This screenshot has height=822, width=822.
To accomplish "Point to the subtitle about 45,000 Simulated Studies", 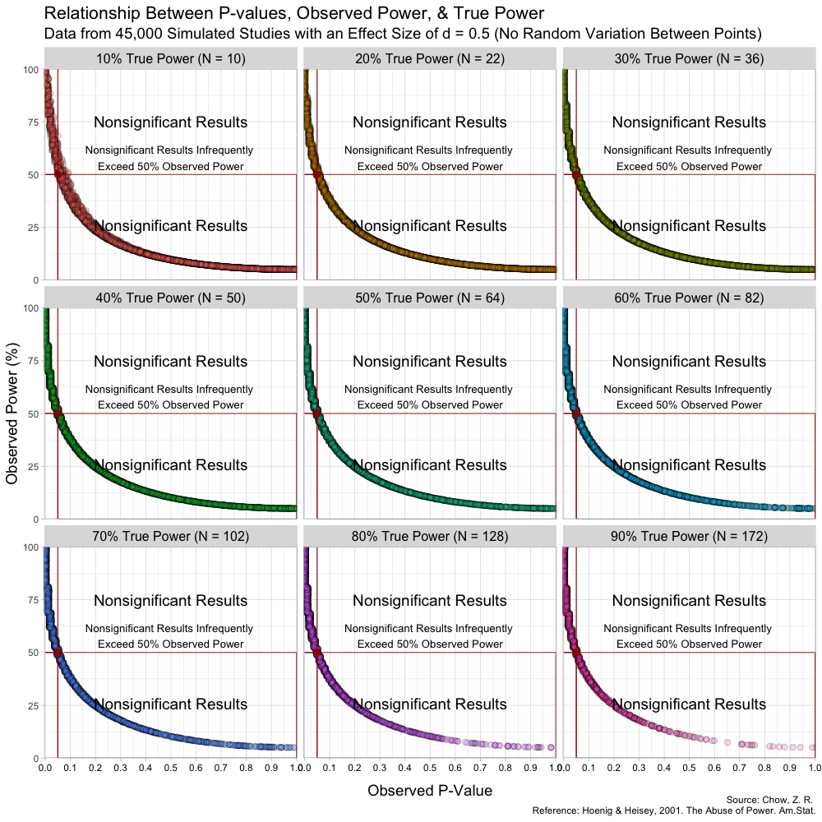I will [402, 35].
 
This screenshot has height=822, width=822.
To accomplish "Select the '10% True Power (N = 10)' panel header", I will [170, 58].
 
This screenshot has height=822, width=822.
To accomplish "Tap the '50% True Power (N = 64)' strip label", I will [429, 298].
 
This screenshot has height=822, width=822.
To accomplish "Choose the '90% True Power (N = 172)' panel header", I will [689, 537].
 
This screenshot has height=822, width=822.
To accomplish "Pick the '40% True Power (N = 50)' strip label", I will [170, 298].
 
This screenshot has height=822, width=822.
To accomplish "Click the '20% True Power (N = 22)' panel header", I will [429, 58].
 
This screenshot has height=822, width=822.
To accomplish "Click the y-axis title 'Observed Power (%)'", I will [12, 413].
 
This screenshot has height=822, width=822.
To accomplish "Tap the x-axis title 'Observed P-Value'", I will [430, 791].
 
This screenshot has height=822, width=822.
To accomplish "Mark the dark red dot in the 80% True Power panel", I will [317, 653].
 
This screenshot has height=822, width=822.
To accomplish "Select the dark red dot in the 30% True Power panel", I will [576, 174].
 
